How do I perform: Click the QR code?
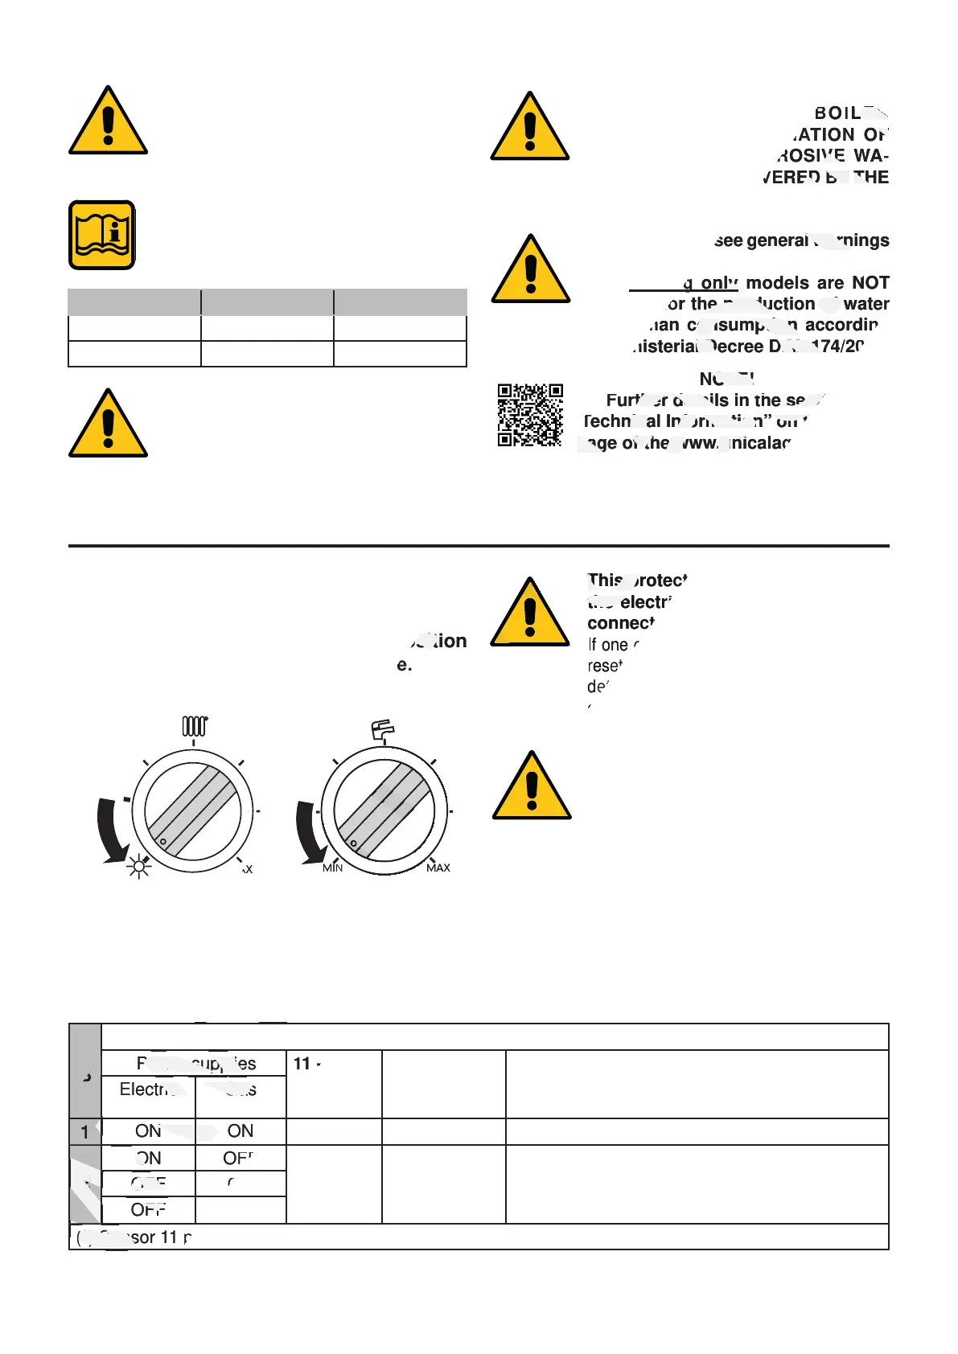point(530,415)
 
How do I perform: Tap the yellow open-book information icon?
point(102,235)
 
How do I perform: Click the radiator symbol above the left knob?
point(195,726)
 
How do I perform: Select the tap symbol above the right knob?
point(383,728)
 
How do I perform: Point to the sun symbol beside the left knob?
point(139,866)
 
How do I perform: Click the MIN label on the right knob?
point(332,868)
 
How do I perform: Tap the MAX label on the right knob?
point(438,868)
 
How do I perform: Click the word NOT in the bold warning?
point(870,283)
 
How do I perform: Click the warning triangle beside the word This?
point(529,613)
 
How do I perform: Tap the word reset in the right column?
point(605,666)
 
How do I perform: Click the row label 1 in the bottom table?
point(84,1132)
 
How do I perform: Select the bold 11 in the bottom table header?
point(302,1064)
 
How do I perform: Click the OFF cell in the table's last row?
point(148,1210)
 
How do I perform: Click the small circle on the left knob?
point(162,842)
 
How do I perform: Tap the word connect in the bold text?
point(621,623)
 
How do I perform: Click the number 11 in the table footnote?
point(168,1237)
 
